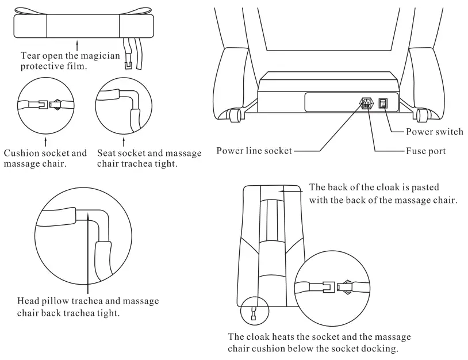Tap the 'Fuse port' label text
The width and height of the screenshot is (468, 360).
tap(423, 151)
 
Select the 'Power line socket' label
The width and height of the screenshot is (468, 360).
tap(254, 151)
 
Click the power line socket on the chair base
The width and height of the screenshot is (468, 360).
tap(366, 104)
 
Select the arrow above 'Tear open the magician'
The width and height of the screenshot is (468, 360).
tap(77, 44)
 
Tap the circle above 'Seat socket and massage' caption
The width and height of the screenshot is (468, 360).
tap(124, 105)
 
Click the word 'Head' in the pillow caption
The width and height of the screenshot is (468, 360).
tap(33, 301)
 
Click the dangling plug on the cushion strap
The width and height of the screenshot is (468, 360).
tap(129, 64)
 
